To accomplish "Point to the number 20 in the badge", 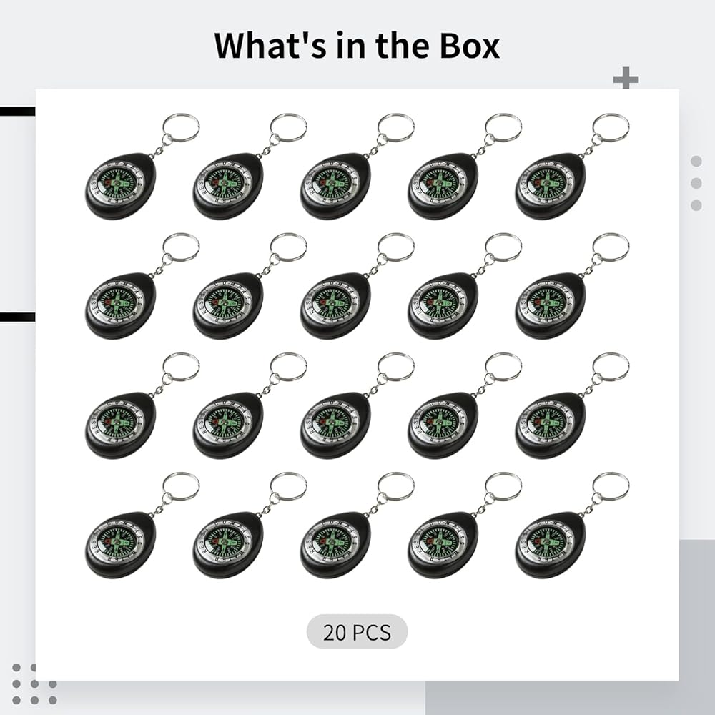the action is [336, 633].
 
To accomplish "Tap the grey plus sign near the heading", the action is [626, 79].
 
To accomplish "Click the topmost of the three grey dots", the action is [696, 162].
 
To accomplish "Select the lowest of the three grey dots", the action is [696, 205].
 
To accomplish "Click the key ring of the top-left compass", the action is [180, 127].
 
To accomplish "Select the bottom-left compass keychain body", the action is [120, 544].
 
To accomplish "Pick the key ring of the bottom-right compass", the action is [611, 486].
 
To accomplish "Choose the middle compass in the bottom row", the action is [335, 544].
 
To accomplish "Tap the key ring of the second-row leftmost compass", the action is [180, 247].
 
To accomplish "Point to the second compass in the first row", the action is [227, 185].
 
